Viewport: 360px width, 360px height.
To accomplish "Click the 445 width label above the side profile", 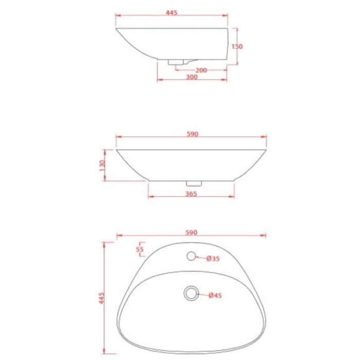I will [x=172, y=13].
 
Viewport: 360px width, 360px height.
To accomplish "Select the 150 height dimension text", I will [x=237, y=46].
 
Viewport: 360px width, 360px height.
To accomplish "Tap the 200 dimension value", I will [x=201, y=70].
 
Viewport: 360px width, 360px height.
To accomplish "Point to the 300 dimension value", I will [x=192, y=77].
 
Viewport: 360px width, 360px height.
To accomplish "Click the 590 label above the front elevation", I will [x=192, y=134].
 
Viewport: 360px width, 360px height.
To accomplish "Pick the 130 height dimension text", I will [x=103, y=165].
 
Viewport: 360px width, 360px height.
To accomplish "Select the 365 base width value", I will [x=192, y=193].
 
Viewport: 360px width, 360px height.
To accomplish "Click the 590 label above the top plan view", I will [x=192, y=232].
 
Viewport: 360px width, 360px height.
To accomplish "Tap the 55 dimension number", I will [x=139, y=249].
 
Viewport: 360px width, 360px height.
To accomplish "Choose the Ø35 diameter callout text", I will [x=213, y=259].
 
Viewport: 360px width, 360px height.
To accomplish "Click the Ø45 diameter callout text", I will [x=215, y=295].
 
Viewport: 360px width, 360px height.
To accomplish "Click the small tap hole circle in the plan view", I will [x=192, y=256].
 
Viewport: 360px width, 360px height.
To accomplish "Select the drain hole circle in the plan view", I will [x=191, y=293].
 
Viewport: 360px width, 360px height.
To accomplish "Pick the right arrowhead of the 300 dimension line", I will [x=226, y=80].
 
